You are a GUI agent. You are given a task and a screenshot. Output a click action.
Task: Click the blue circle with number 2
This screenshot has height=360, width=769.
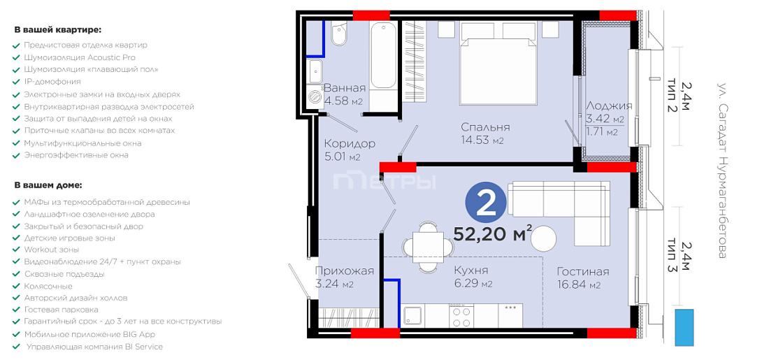487,205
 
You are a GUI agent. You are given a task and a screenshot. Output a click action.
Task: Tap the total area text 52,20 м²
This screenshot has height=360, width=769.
493,234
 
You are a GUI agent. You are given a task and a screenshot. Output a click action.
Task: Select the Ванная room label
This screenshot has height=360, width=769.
345,88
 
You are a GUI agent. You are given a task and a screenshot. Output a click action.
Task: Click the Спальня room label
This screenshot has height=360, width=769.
486,127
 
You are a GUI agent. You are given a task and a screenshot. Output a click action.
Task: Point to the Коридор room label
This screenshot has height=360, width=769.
350,144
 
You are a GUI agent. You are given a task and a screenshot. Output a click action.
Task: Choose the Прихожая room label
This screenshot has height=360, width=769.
344,271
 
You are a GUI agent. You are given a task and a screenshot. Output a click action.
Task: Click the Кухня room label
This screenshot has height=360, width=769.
471,271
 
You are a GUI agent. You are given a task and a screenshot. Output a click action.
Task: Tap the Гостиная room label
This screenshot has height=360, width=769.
583,272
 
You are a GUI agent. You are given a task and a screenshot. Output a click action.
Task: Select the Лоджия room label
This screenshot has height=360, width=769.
609,106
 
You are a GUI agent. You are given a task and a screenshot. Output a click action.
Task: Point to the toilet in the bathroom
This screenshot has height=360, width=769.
339,34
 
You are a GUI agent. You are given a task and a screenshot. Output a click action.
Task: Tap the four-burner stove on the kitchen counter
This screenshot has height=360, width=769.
461,316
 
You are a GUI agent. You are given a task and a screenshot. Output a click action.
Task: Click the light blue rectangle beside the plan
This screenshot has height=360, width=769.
684,328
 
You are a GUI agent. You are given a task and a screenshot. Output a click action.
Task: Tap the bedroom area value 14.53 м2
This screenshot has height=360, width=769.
482,141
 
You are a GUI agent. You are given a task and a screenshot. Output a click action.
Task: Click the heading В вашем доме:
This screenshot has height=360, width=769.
48,186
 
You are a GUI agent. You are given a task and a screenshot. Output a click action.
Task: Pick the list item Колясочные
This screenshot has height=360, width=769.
48,286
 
